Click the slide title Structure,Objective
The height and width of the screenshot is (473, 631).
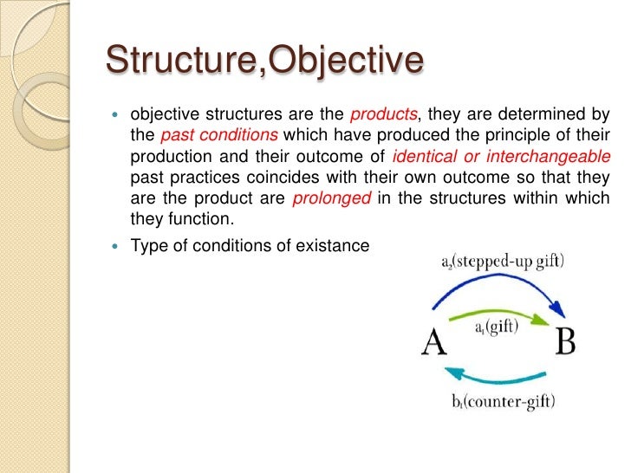(x=264, y=61)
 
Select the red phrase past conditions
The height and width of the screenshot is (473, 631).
(x=219, y=137)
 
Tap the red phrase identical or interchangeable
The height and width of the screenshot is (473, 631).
(x=501, y=158)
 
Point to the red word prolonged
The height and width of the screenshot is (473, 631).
(x=332, y=199)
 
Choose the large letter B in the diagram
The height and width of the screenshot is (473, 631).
(x=565, y=342)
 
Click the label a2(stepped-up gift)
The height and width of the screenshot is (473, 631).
(x=502, y=262)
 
